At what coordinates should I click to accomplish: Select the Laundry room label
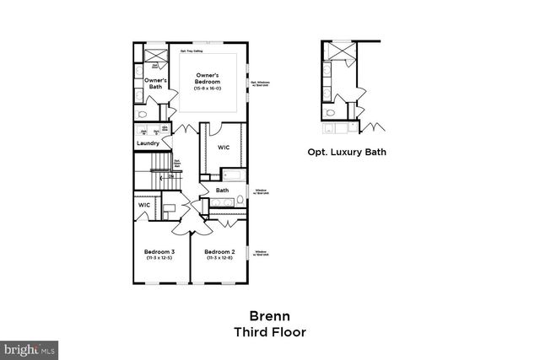click(148, 143)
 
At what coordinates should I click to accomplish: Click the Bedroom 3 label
click(159, 251)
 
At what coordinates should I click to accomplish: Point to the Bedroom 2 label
click(218, 251)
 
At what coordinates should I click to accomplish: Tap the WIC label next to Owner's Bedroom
click(224, 147)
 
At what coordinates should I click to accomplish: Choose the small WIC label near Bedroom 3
click(144, 205)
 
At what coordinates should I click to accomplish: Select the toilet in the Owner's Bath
click(143, 114)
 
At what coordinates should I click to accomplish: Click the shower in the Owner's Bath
click(154, 56)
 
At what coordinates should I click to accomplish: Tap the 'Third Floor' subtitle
click(270, 332)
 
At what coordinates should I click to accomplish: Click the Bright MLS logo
click(30, 347)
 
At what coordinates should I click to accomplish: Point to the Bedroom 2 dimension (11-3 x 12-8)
click(218, 258)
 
